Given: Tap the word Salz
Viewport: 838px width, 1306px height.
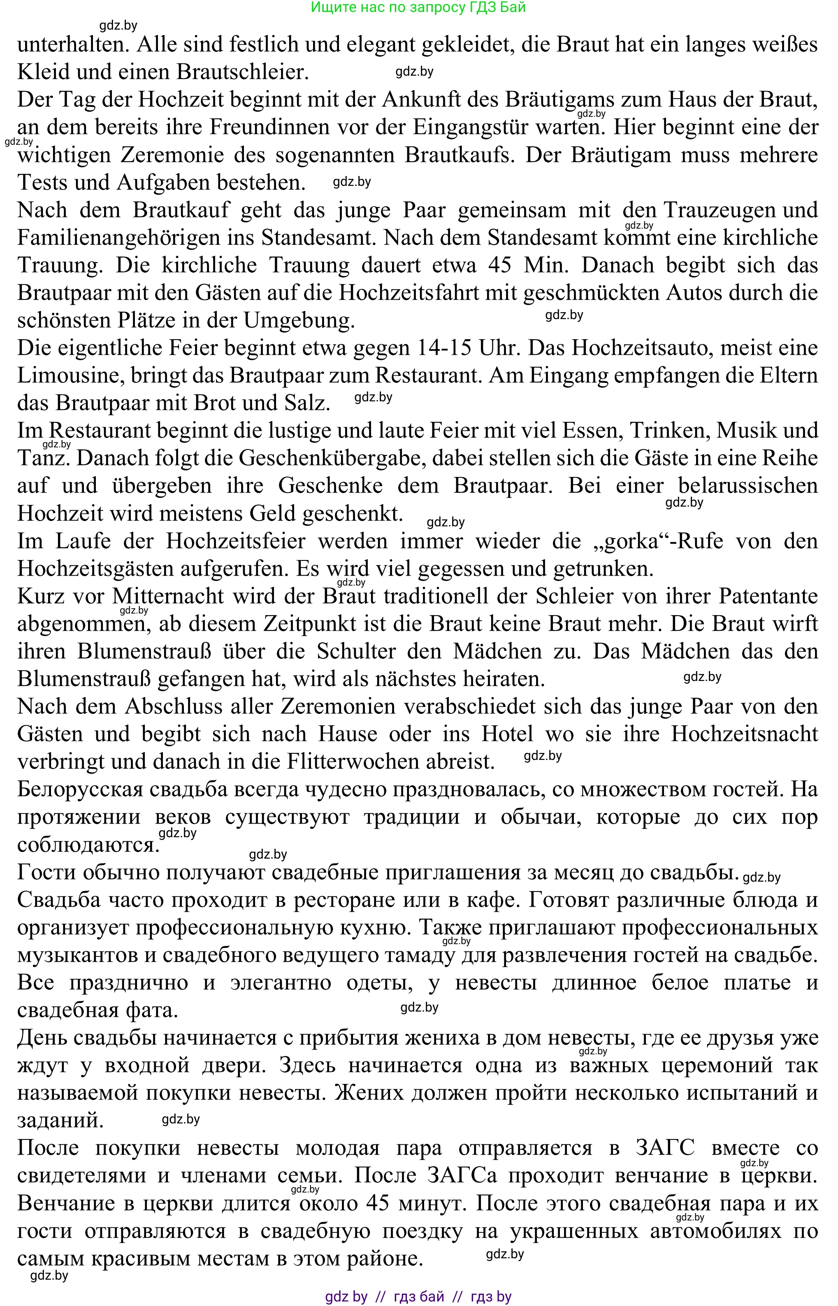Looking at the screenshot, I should (307, 403).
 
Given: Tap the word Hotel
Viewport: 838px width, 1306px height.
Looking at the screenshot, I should (507, 734).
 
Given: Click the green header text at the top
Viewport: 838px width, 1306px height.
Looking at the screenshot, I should (418, 8).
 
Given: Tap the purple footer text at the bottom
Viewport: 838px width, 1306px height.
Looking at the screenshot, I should (418, 1296).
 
